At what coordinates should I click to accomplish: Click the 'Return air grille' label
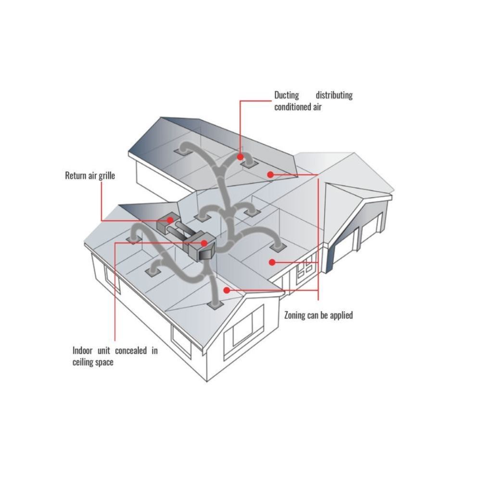click(x=90, y=176)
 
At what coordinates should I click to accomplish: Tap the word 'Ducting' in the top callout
click(x=287, y=95)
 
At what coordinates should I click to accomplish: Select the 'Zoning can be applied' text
click(x=318, y=315)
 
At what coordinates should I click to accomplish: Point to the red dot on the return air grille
click(x=170, y=220)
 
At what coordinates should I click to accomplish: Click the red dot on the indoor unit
click(x=204, y=243)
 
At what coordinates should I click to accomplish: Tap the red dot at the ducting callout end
click(x=240, y=157)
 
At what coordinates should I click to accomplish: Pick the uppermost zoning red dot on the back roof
click(x=270, y=175)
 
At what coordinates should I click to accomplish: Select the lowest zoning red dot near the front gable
click(x=227, y=290)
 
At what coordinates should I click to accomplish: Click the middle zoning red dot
click(x=272, y=262)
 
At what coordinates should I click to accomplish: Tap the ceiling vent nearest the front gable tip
click(x=215, y=305)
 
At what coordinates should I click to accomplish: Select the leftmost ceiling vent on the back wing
click(x=181, y=152)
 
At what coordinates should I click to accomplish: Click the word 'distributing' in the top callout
click(x=334, y=95)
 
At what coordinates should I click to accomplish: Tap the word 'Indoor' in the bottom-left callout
click(x=83, y=350)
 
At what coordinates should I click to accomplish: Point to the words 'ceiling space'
click(x=93, y=362)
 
